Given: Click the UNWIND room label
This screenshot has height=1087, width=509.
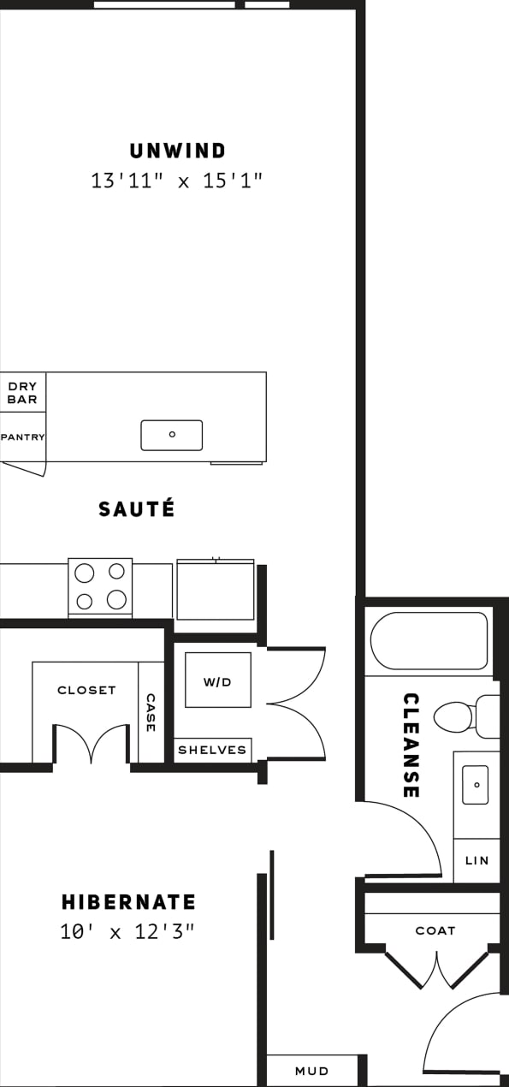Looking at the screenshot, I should coord(178,151).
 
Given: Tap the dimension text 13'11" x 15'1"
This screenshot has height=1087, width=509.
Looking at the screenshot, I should coord(176,181).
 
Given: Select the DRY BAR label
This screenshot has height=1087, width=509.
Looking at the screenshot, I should coord(22,393).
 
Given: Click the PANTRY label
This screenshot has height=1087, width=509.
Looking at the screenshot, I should coord(22,437).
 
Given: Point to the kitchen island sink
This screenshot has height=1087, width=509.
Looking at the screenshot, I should coord(172,435).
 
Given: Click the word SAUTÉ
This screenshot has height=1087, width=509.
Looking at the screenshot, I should coord(137,509).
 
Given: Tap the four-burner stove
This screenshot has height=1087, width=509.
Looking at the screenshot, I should coord(100,587).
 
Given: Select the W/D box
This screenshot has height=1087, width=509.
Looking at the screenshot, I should coord(217,681).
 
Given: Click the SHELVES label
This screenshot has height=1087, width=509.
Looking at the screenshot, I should coord(212,751).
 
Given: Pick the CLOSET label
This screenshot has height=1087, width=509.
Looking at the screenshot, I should coord(86,690).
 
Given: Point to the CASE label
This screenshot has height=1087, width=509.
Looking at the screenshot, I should coord(151,712).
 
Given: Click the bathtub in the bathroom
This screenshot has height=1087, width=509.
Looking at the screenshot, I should coord(429,641).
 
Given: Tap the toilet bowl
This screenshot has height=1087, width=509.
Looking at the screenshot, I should coord(454,716).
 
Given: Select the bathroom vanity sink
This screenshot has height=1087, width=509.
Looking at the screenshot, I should coord(476,785).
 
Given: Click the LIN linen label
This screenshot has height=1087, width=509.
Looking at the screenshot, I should coord(476,860).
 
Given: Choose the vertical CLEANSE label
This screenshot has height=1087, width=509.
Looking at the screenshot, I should coord(411,745).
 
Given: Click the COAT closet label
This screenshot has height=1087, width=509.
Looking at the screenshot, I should coord(435,930).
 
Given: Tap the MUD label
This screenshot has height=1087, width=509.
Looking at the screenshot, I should coord(311,1071).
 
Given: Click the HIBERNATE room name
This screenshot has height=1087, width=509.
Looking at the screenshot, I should coord(128,902).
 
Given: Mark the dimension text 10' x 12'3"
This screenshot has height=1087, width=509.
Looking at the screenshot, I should coord(128,932).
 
